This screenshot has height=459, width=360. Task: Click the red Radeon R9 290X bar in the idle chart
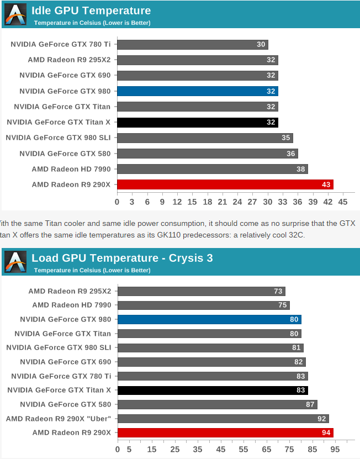tap(225, 184)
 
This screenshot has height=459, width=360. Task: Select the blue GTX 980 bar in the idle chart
tap(197, 91)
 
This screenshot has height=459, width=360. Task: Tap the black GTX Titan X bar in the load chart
tap(213, 390)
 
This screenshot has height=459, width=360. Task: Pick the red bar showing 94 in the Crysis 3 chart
tap(225, 432)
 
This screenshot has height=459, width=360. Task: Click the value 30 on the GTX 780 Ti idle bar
tap(262, 45)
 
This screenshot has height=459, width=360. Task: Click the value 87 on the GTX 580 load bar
tap(311, 404)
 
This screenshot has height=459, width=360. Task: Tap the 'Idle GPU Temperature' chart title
tap(91, 10)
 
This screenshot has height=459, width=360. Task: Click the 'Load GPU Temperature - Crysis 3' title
tap(122, 258)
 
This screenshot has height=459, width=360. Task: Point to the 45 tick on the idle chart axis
tap(343, 202)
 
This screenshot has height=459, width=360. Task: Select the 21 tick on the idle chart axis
tap(223, 202)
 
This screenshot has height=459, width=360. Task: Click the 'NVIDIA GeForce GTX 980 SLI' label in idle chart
tap(58, 138)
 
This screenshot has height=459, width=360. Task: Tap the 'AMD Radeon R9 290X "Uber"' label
tap(59, 418)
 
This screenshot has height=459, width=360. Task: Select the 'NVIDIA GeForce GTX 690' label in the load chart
tap(65, 362)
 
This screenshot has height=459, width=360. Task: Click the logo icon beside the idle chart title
tap(15, 14)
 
